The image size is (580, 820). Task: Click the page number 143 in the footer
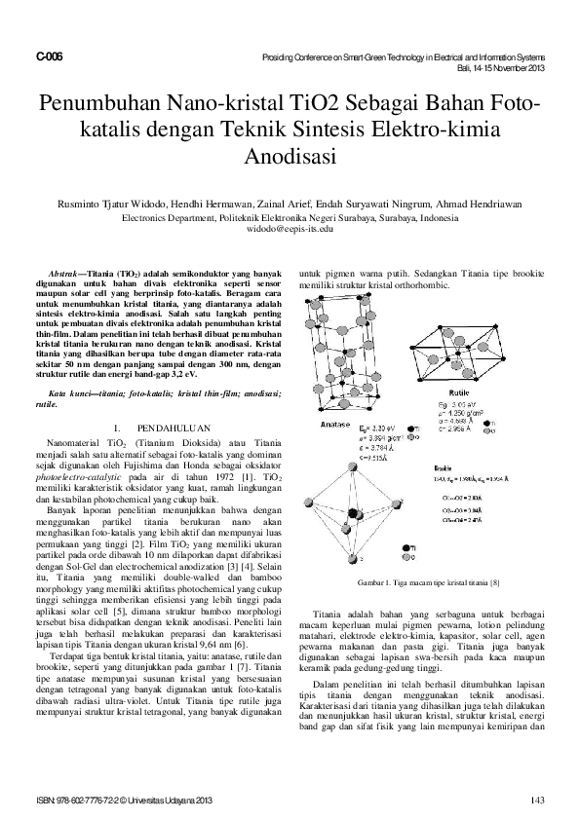(x=535, y=801)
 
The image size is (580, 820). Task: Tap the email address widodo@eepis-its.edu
(x=290, y=232)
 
